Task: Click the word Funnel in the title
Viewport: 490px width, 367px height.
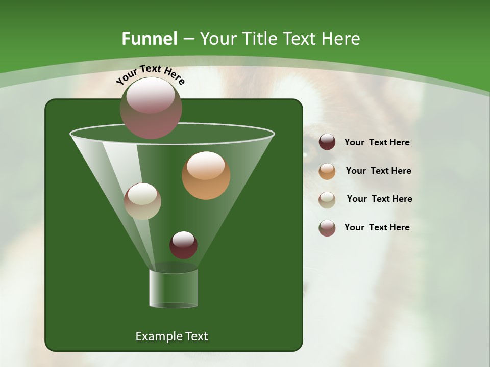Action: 150,39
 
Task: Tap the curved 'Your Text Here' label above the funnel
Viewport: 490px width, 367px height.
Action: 150,74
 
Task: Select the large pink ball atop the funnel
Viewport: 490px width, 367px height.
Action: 151,108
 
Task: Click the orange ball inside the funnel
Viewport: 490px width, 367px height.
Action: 206,175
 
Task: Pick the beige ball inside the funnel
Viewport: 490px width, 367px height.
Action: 142,201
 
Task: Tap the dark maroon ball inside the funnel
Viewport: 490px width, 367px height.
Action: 183,245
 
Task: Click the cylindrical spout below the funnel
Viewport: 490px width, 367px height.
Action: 174,288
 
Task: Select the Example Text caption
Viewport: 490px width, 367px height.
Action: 171,336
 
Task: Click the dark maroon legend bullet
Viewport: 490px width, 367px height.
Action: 327,142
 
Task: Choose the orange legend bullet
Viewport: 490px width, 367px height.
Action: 327,171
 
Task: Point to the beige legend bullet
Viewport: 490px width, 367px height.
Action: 327,199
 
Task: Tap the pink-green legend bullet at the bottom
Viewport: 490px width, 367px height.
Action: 327,228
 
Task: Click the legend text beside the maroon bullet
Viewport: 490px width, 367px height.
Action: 377,142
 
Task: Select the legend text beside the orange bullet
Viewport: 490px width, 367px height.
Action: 378,171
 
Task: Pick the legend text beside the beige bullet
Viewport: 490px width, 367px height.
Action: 379,199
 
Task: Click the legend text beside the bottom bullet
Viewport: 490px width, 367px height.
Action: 377,227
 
